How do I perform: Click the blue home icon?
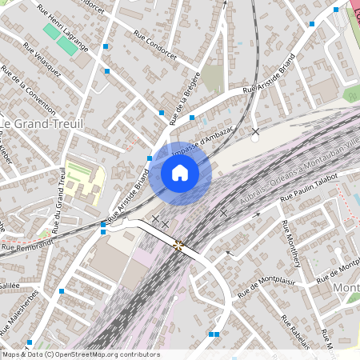180,173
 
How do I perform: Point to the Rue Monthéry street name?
291,243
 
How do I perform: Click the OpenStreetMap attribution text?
81,354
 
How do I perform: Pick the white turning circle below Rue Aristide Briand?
254,138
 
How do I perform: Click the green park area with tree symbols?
351,93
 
